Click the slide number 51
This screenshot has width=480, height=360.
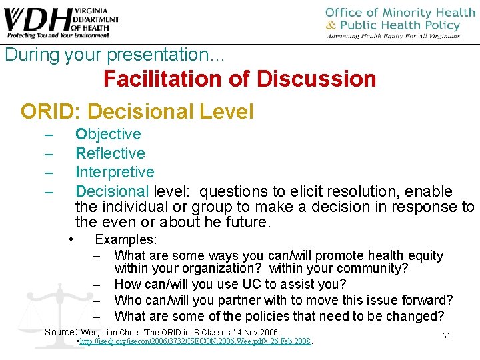(x=446, y=336)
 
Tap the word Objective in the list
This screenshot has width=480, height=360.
(x=108, y=135)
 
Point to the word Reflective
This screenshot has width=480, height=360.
(x=110, y=153)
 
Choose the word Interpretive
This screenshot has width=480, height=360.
(x=115, y=172)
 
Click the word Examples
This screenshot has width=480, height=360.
(x=126, y=239)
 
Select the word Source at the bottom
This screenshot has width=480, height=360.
(x=61, y=331)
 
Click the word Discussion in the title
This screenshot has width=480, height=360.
(x=316, y=79)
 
